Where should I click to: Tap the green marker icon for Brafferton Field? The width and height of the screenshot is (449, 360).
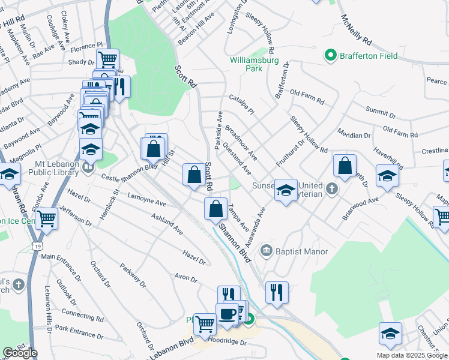(x=330, y=56)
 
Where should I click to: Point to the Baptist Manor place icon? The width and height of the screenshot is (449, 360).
(x=265, y=250)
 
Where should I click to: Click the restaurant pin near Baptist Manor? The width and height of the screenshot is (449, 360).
(x=277, y=292)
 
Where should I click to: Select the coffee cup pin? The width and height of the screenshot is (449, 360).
(x=228, y=314)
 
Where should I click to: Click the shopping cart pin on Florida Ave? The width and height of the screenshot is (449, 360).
(x=46, y=218)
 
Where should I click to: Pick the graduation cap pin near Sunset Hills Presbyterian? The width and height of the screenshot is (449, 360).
(x=286, y=190)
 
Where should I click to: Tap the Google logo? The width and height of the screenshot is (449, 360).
(x=20, y=353)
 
